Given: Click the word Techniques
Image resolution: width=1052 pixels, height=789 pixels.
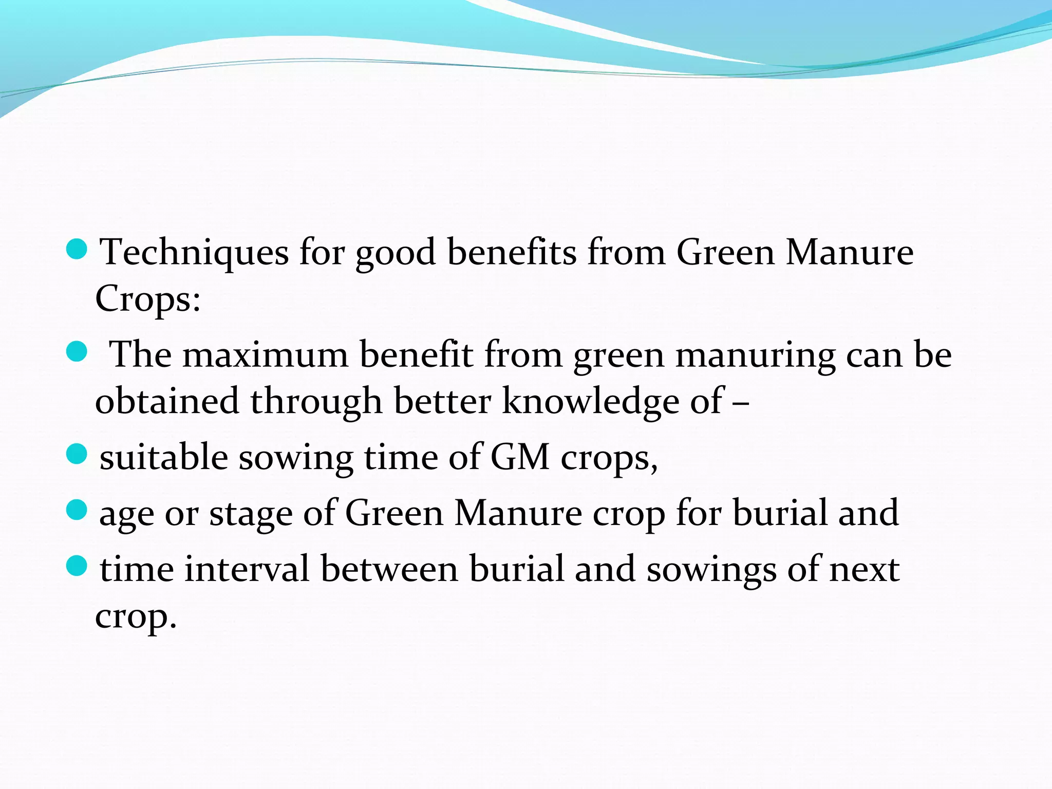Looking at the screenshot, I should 194,252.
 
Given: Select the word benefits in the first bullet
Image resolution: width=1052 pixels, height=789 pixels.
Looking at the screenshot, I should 512,252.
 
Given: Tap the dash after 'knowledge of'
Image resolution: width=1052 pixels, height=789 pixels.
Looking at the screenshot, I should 740,402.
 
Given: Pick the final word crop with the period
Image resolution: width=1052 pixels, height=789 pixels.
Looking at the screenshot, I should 136,616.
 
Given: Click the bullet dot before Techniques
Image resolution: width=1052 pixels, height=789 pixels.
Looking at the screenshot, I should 77,250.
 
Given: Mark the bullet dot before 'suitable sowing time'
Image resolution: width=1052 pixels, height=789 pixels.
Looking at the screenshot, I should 77,455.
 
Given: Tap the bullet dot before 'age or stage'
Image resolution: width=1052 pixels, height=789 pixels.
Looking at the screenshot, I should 77,511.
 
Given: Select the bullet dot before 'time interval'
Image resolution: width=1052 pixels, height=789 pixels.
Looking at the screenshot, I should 77,567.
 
